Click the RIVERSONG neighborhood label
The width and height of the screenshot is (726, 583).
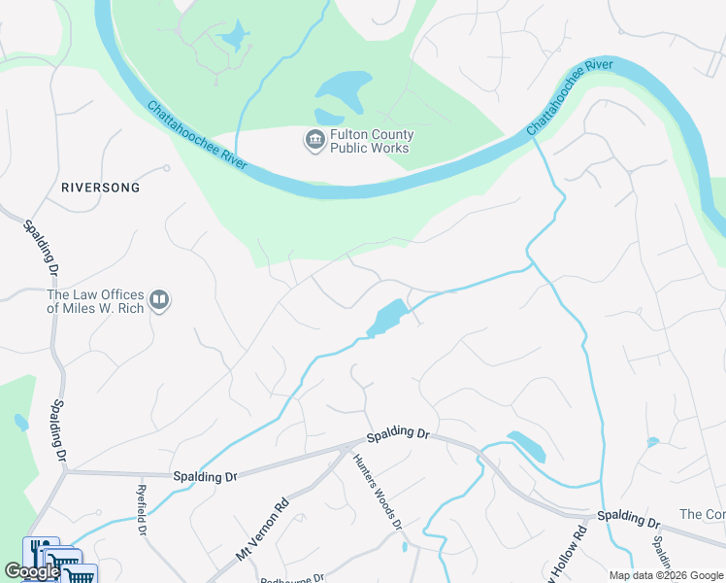[x=100, y=187]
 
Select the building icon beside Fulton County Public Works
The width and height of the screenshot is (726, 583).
[x=314, y=141]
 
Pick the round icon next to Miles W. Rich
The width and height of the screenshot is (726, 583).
[x=160, y=301]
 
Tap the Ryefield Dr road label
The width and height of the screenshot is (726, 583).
[x=142, y=511]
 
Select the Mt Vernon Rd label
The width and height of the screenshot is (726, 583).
[x=263, y=529]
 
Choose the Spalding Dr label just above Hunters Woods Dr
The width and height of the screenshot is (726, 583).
[x=397, y=433]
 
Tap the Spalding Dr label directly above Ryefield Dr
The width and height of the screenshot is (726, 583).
[x=204, y=477]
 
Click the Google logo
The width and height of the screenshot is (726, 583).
[x=32, y=571]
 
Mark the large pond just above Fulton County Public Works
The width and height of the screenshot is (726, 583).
[x=345, y=94]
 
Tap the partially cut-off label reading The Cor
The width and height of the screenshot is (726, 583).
[x=702, y=514]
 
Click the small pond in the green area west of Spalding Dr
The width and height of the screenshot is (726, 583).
[x=21, y=423]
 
